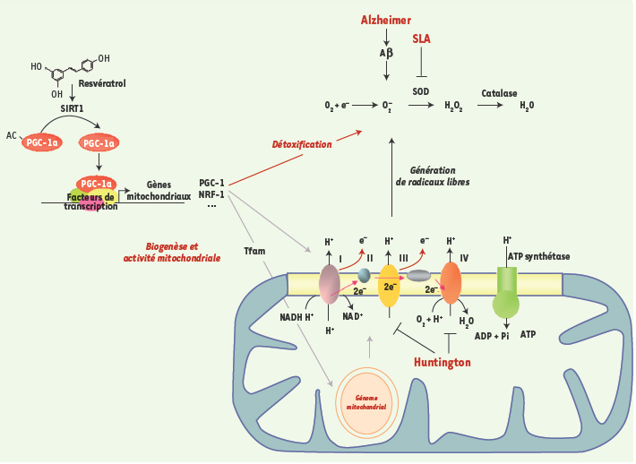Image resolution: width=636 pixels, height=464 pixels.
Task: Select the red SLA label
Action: click(x=421, y=39)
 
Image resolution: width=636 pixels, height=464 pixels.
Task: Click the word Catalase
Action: click(x=499, y=91)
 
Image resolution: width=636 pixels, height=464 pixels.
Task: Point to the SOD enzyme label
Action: click(x=421, y=91)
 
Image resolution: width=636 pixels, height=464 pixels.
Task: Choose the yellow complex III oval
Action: click(x=389, y=286)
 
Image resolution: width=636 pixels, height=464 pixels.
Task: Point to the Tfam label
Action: click(x=254, y=252)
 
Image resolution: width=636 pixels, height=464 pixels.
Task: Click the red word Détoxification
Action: click(x=302, y=144)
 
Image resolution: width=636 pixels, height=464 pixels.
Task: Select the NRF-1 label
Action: click(x=212, y=193)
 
